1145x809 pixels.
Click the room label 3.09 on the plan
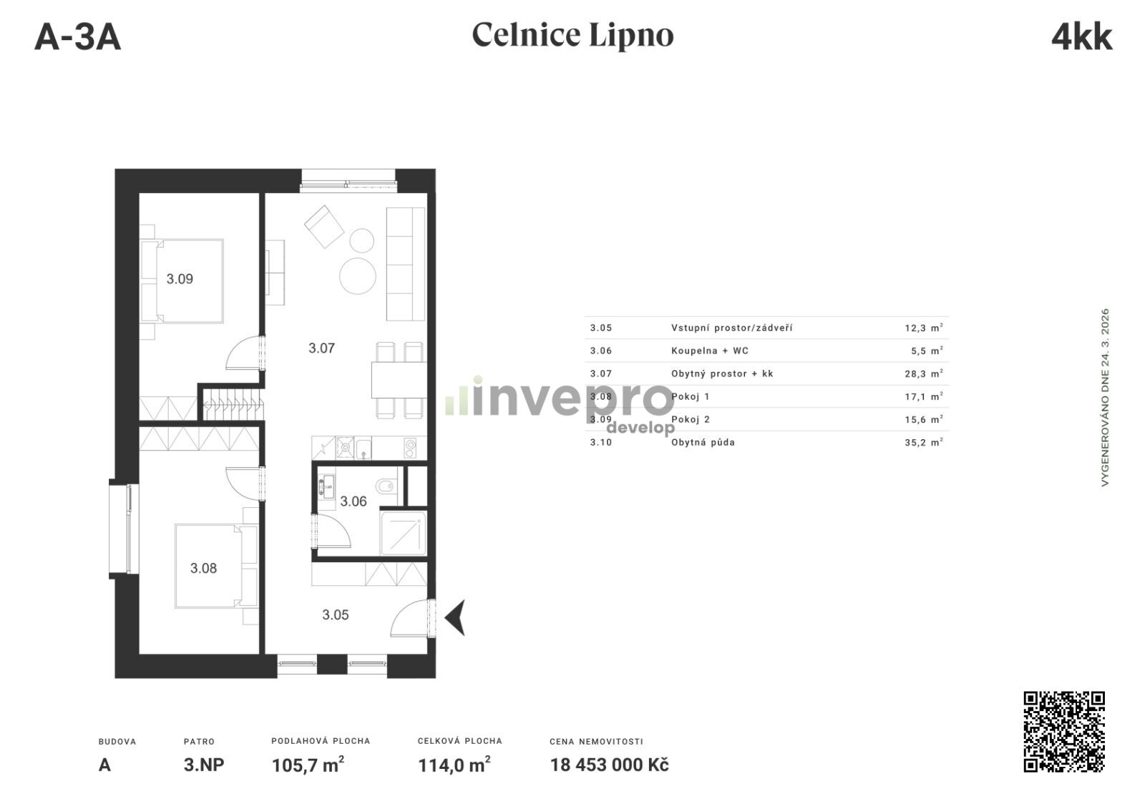coord(180,279)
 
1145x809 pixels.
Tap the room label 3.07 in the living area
coord(321,348)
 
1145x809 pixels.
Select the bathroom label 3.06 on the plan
coord(354,501)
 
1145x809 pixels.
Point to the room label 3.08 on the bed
coord(203,568)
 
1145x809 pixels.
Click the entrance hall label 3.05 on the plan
coord(336,614)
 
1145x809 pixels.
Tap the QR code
coord(1064,731)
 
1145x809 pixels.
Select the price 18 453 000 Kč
coord(609,765)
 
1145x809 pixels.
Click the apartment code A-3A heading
coord(78,37)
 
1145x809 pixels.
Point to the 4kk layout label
coord(1081,37)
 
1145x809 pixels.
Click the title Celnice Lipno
coord(572,35)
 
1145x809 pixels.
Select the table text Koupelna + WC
coord(709,350)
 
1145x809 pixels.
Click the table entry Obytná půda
coord(703,442)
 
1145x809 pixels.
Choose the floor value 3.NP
coord(204,765)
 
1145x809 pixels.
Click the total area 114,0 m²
coord(454,765)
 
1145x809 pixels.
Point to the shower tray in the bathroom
coord(404,533)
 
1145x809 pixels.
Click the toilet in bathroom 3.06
coord(386,486)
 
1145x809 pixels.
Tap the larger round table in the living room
coord(358,276)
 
